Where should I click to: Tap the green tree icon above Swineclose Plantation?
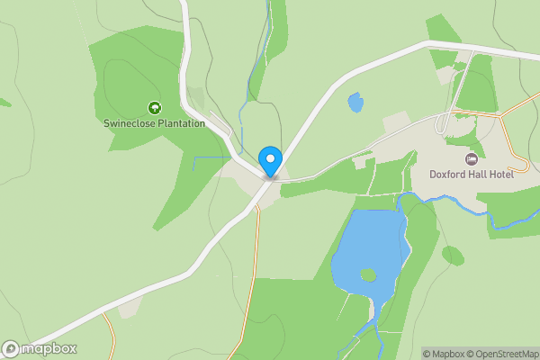coord(154,108)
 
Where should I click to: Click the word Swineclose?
coord(130,123)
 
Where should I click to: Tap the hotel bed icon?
coord(471,159)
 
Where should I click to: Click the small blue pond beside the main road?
coord(355,103)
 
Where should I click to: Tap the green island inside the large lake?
coord(367,274)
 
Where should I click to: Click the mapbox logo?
coord(40,349)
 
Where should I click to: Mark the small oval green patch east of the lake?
coord(453,256)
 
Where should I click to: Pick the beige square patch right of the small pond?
coord(396,122)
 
